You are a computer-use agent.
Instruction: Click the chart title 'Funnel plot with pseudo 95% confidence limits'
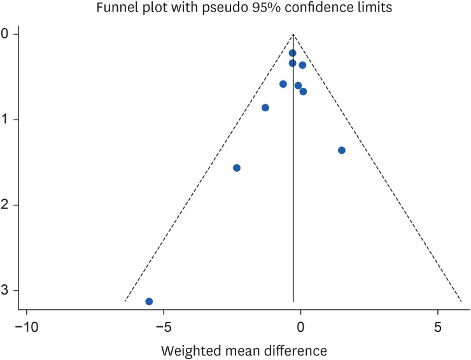pyautogui.click(x=236, y=8)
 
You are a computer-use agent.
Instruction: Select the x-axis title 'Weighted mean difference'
pyautogui.click(x=244, y=350)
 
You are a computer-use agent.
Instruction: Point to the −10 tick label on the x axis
pyautogui.click(x=26, y=329)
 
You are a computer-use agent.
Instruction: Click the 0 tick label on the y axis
pyautogui.click(x=5, y=34)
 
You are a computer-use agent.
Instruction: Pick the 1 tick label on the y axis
pyautogui.click(x=5, y=120)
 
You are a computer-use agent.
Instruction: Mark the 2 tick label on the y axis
pyautogui.click(x=5, y=205)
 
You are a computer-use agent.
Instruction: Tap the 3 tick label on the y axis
pyautogui.click(x=5, y=291)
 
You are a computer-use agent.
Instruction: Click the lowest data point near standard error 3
pyautogui.click(x=149, y=301)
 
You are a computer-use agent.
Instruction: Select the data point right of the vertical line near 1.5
pyautogui.click(x=342, y=150)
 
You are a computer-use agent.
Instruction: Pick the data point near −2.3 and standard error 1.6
pyautogui.click(x=237, y=168)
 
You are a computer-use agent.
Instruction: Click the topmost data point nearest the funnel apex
pyautogui.click(x=293, y=53)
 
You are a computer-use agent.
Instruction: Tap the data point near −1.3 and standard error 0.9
pyautogui.click(x=265, y=107)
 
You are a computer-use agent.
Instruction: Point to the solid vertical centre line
pyautogui.click(x=293, y=191)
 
